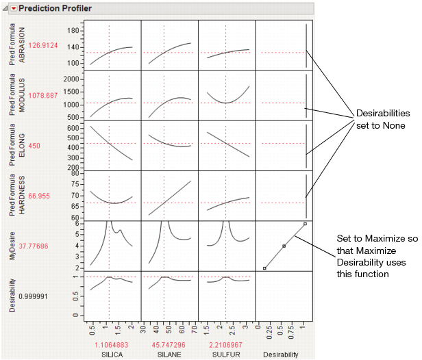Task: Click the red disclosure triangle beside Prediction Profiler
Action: pos(13,8)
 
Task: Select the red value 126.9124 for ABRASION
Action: pos(44,46)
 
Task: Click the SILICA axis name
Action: pos(110,355)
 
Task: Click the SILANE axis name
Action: pos(164,355)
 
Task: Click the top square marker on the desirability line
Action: pos(305,224)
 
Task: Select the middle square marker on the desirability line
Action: pos(284,246)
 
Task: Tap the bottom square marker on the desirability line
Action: pos(264,268)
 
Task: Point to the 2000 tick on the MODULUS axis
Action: pos(60,79)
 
